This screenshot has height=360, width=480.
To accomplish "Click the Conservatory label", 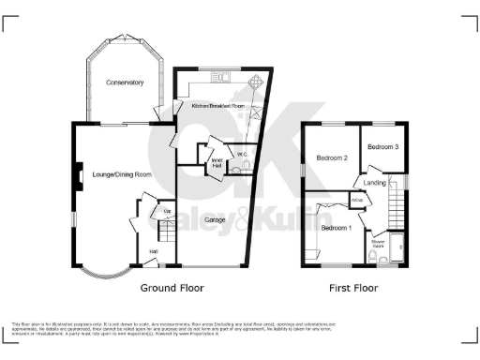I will [x=125, y=82].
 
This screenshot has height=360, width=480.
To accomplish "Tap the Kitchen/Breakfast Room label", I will [x=217, y=106].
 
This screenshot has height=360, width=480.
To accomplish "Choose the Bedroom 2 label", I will [x=331, y=158].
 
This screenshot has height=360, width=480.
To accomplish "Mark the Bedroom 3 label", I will [x=382, y=147].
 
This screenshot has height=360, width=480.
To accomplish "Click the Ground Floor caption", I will [x=172, y=288].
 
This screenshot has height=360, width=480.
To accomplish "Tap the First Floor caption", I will [x=353, y=288].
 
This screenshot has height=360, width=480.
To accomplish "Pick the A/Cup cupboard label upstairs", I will [x=357, y=200].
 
